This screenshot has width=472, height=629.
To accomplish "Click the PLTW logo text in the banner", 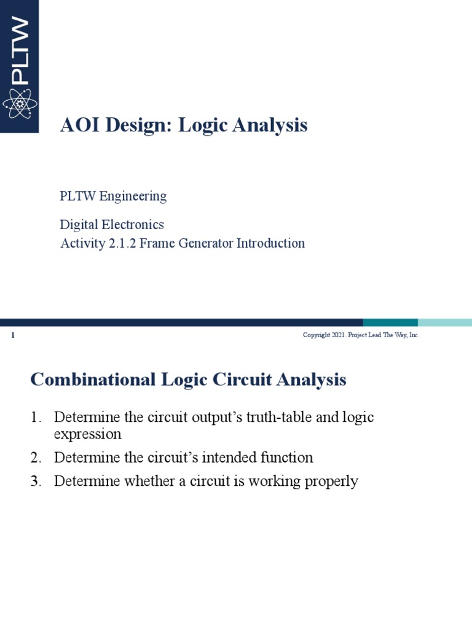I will [x=20, y=51].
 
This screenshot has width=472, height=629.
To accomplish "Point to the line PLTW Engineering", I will [x=113, y=197].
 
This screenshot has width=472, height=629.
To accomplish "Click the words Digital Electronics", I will [x=112, y=225].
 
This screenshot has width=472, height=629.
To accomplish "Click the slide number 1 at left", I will [x=13, y=335].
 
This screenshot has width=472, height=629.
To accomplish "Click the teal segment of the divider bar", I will [x=390, y=322].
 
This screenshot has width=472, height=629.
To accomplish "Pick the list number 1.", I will [x=35, y=418].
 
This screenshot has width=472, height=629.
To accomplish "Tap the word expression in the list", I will [x=88, y=434].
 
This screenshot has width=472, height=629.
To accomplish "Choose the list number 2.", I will [x=35, y=458].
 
